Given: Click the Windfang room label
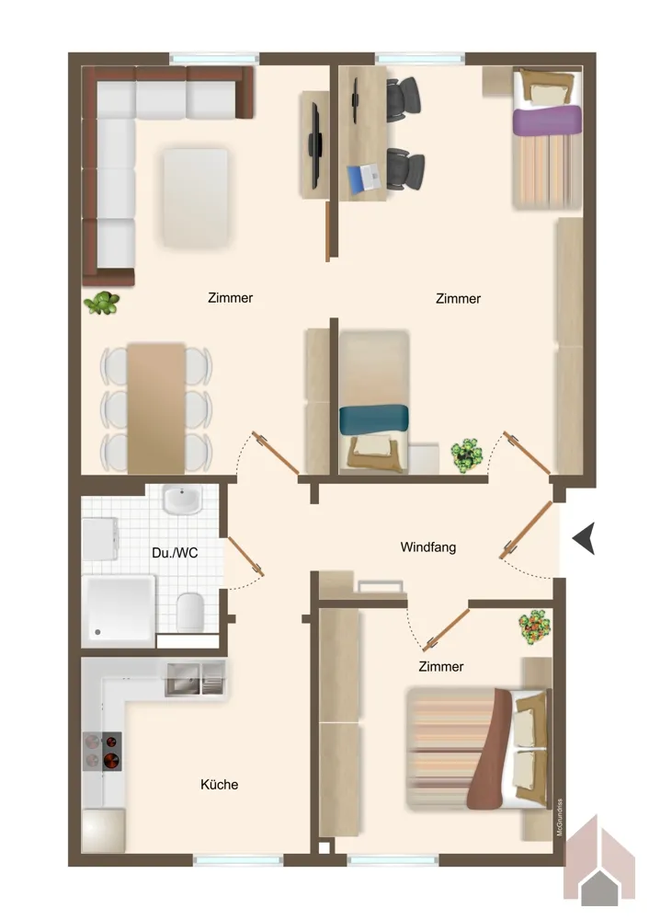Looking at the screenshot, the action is click(x=428, y=546).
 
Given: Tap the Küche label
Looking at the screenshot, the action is click(x=220, y=785).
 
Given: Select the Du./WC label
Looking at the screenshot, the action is click(x=175, y=553).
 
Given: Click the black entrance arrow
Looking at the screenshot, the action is click(x=584, y=538).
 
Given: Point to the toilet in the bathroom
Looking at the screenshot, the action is click(x=189, y=612).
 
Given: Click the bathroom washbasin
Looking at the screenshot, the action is click(x=182, y=500).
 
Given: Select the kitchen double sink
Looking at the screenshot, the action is click(x=195, y=679).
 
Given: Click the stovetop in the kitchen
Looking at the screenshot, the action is click(x=103, y=751).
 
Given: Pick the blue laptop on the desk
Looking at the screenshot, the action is click(x=363, y=178).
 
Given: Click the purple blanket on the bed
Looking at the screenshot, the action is click(x=547, y=120).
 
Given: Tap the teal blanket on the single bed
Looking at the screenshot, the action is click(x=373, y=419).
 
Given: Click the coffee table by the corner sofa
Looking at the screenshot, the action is click(x=195, y=198).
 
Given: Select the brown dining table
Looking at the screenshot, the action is click(x=156, y=408).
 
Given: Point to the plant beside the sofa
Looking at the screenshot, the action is click(x=102, y=304).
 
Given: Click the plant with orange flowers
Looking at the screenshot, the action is click(x=535, y=627).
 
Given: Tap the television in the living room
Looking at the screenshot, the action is click(x=314, y=145).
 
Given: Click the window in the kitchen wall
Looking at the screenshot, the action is click(x=238, y=860).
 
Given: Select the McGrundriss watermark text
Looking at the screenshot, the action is click(x=560, y=817).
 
